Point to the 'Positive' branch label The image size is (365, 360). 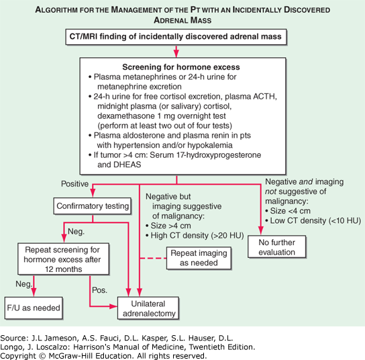tap(75, 185)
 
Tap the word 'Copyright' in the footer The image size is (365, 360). tap(21, 354)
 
